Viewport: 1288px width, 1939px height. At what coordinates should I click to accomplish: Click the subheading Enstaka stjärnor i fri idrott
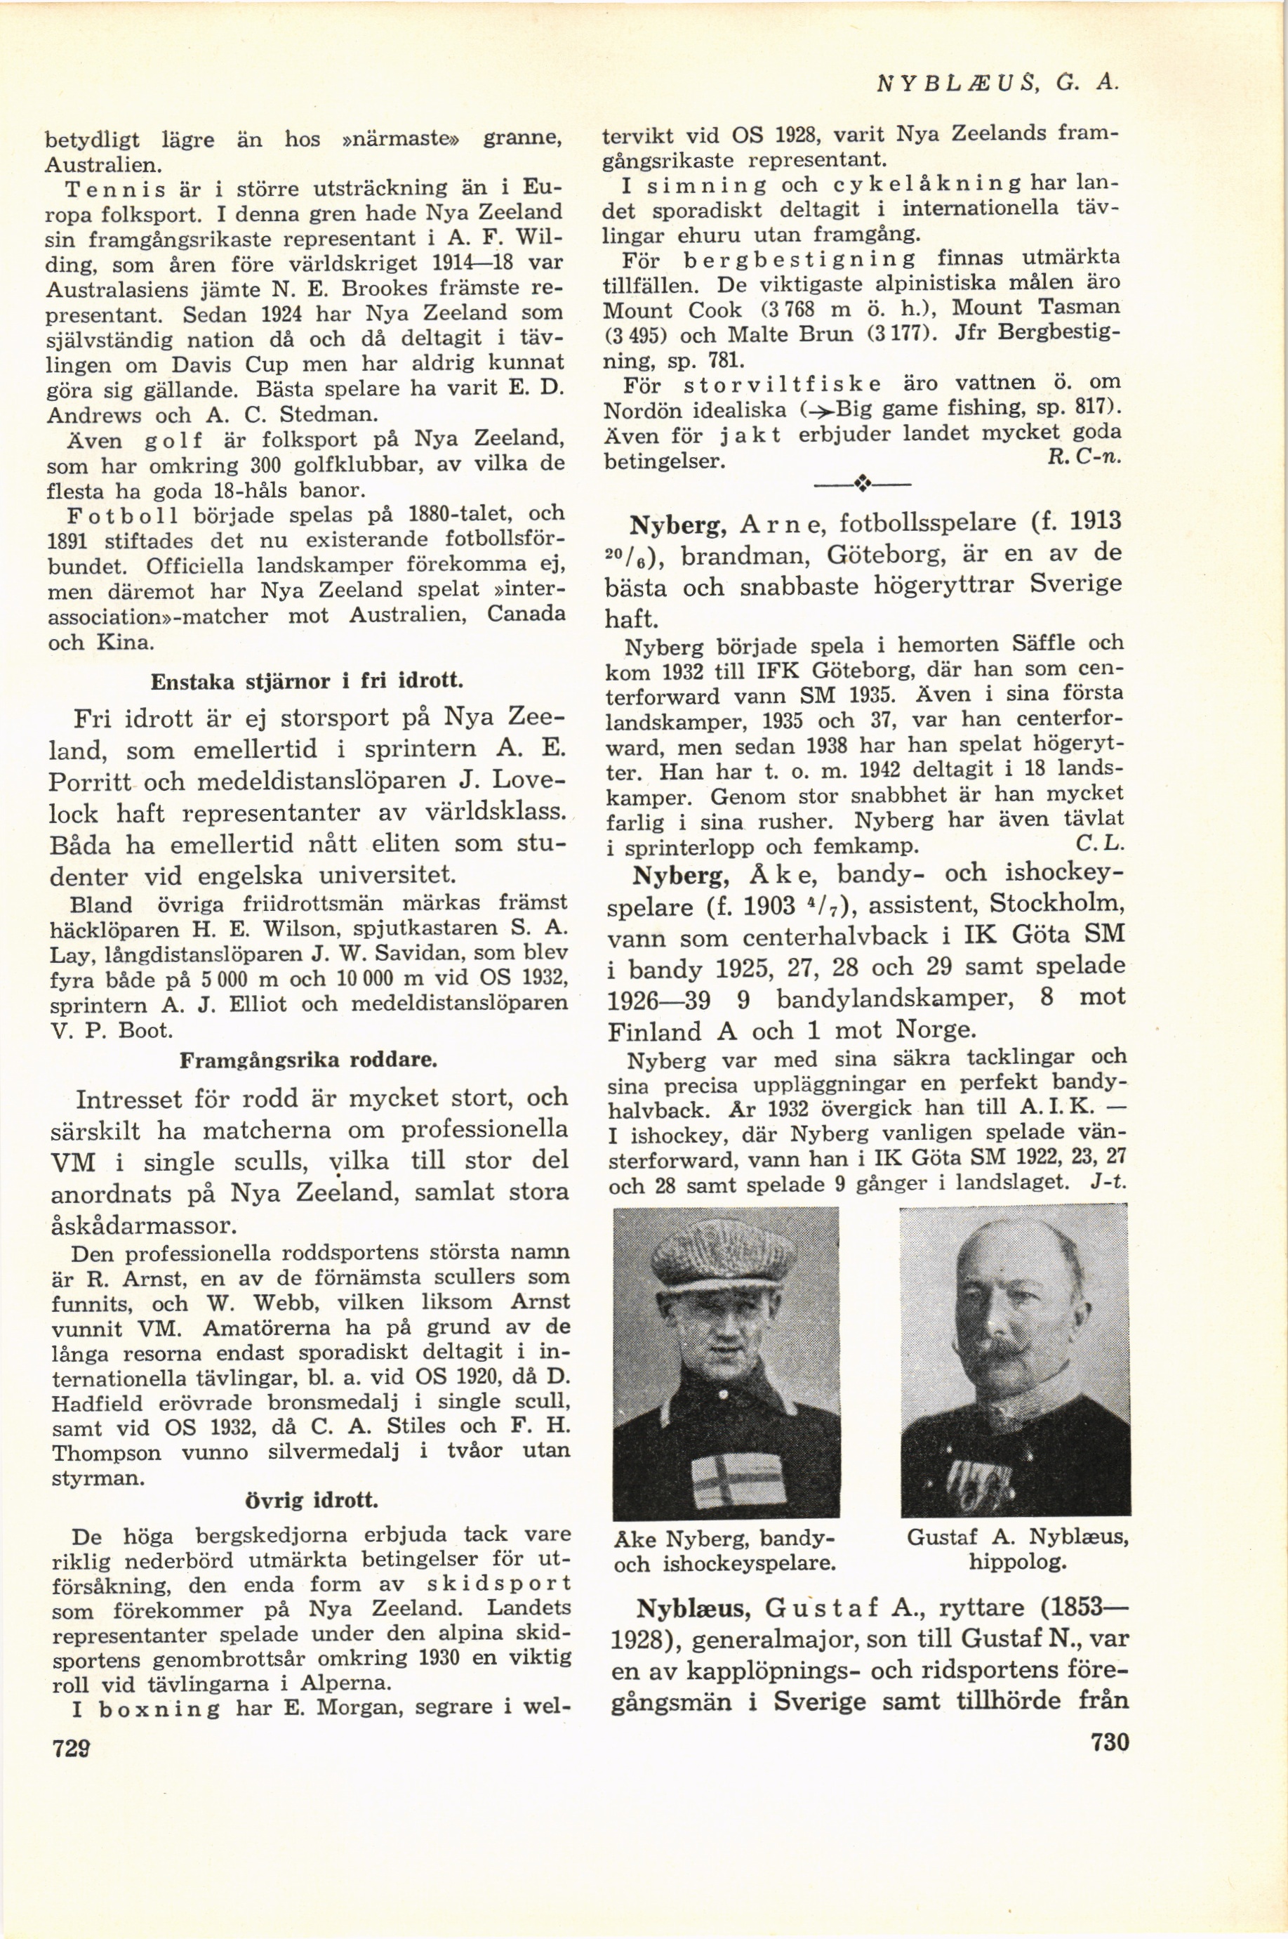click(308, 681)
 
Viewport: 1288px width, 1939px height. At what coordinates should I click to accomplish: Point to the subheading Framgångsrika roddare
click(308, 1060)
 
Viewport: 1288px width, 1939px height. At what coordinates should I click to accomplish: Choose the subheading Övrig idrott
click(312, 1501)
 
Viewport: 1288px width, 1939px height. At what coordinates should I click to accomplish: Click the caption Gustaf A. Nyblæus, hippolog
click(1017, 1549)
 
